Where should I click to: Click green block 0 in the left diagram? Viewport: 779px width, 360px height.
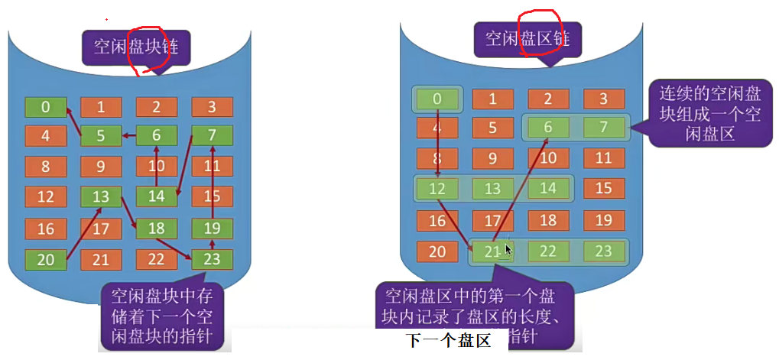pos(45,107)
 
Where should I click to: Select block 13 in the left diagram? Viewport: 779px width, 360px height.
pos(101,197)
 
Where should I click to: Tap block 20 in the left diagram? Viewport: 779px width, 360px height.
pos(45,260)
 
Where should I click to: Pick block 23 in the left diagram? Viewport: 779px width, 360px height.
pos(212,260)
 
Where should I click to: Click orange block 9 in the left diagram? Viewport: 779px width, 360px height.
pos(101,166)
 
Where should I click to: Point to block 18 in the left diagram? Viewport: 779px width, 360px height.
pos(157,229)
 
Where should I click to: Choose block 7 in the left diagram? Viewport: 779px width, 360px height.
pos(212,136)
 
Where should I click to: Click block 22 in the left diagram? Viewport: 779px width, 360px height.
pos(157,260)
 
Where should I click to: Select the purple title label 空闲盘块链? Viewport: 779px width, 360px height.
pos(136,47)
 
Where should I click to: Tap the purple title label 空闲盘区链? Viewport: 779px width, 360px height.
pos(528,38)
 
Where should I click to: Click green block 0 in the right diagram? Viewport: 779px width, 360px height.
pos(437,99)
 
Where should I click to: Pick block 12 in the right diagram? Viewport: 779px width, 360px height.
pos(437,189)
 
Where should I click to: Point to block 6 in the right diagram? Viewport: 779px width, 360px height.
pos(547,128)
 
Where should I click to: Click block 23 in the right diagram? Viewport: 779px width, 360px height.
pos(603,251)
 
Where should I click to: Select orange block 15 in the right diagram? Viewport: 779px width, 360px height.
pos(603,189)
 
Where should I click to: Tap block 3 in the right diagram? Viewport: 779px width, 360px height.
pos(603,99)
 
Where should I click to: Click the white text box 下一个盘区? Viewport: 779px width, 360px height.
pos(447,341)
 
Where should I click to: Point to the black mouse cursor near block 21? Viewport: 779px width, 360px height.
pos(508,249)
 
